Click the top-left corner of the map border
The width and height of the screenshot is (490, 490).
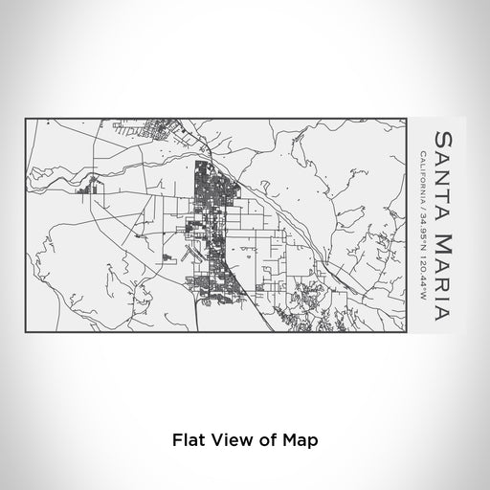pos(24,118)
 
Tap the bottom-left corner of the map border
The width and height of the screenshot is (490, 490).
pos(24,334)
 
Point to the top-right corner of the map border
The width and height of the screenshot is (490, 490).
pos(409,118)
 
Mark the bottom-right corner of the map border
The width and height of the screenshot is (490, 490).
pos(409,334)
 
